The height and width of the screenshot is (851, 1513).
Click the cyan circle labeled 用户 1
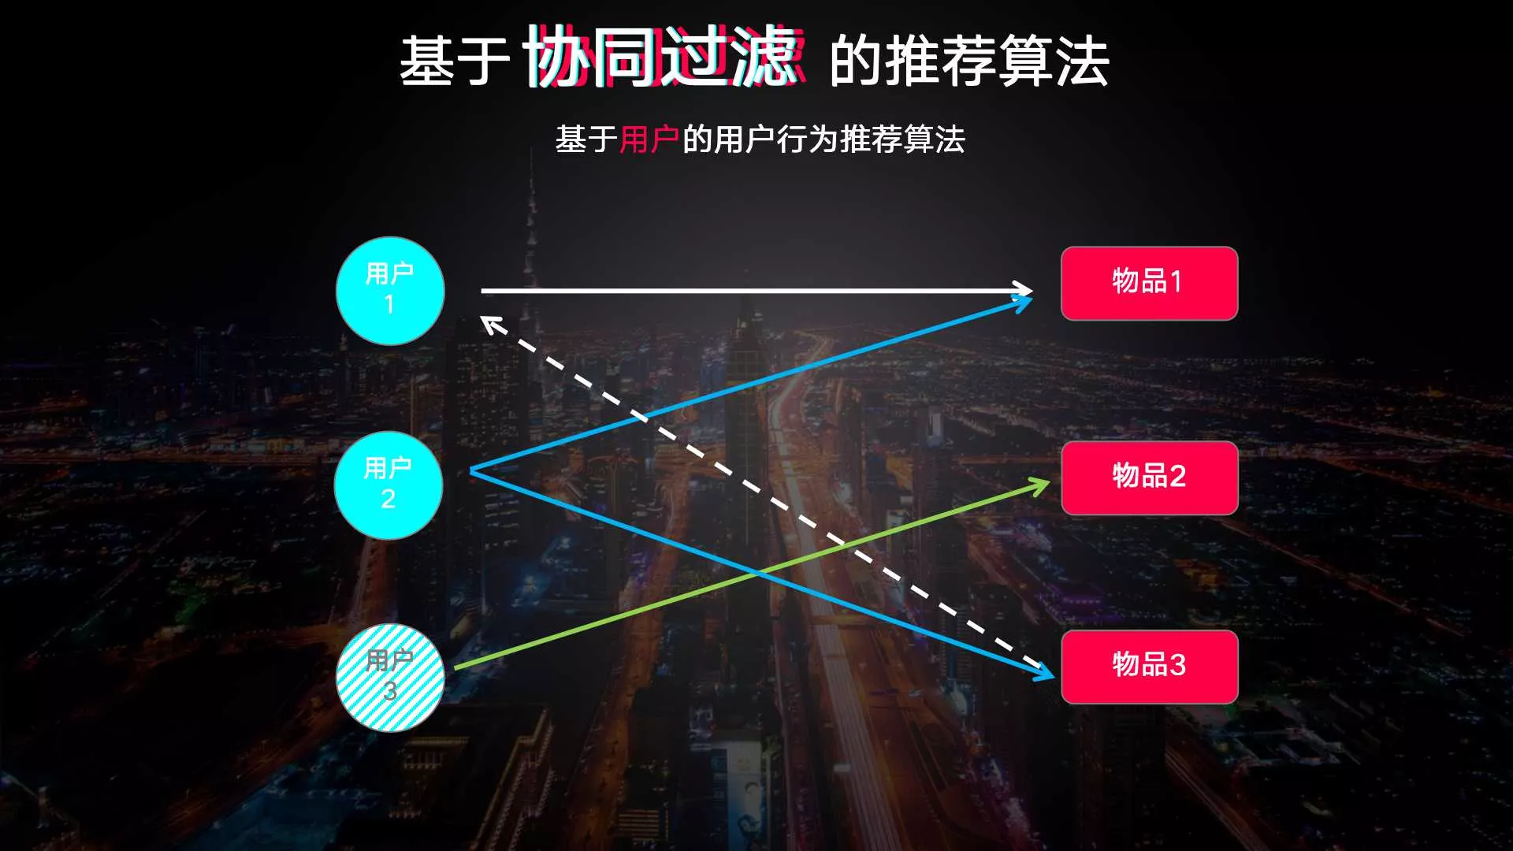point(390,291)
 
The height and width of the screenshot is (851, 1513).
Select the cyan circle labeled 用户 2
point(388,485)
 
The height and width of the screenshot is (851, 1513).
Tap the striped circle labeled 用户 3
point(390,678)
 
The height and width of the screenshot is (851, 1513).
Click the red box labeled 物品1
point(1149,283)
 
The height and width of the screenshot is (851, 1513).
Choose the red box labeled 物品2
point(1149,478)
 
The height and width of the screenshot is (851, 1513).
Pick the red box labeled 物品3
point(1149,667)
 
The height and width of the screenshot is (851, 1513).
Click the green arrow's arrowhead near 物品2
point(1042,485)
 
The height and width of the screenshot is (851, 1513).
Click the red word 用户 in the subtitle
point(649,139)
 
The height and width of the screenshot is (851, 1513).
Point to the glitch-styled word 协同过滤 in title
point(664,56)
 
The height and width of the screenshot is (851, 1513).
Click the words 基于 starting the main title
point(455,61)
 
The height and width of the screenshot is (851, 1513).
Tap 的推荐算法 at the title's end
point(969,61)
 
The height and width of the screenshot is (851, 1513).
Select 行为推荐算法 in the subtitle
point(871,139)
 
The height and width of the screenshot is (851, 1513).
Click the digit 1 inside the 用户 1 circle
point(389,304)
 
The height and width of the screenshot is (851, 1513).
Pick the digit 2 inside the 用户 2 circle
point(388,499)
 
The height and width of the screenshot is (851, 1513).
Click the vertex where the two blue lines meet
point(470,470)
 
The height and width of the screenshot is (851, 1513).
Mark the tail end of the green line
point(455,668)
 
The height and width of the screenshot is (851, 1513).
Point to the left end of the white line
point(482,291)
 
